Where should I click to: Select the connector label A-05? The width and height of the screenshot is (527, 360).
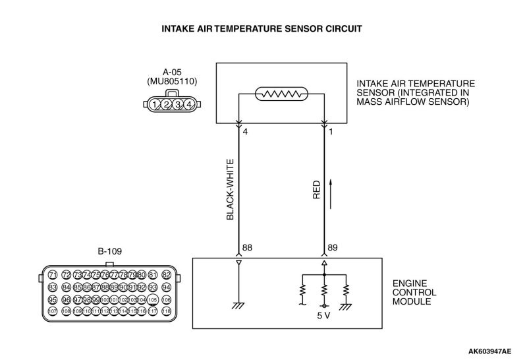pyautogui.click(x=172, y=73)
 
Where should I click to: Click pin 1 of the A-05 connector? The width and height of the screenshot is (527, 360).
pyautogui.click(x=154, y=104)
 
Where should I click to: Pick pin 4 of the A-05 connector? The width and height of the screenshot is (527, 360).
pyautogui.click(x=189, y=104)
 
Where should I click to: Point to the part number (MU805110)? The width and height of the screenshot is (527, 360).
pyautogui.click(x=172, y=82)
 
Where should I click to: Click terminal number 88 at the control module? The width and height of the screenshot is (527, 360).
pyautogui.click(x=248, y=248)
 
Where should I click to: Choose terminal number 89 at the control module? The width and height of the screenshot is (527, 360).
pyautogui.click(x=333, y=248)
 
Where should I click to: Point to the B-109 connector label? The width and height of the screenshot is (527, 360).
pyautogui.click(x=109, y=251)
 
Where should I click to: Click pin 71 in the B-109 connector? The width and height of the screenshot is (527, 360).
pyautogui.click(x=53, y=274)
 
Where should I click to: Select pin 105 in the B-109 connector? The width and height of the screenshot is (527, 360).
pyautogui.click(x=153, y=299)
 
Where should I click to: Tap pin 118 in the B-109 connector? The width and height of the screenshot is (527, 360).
pyautogui.click(x=167, y=311)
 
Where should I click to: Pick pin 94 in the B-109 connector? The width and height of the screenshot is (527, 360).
pyautogui.click(x=167, y=287)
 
